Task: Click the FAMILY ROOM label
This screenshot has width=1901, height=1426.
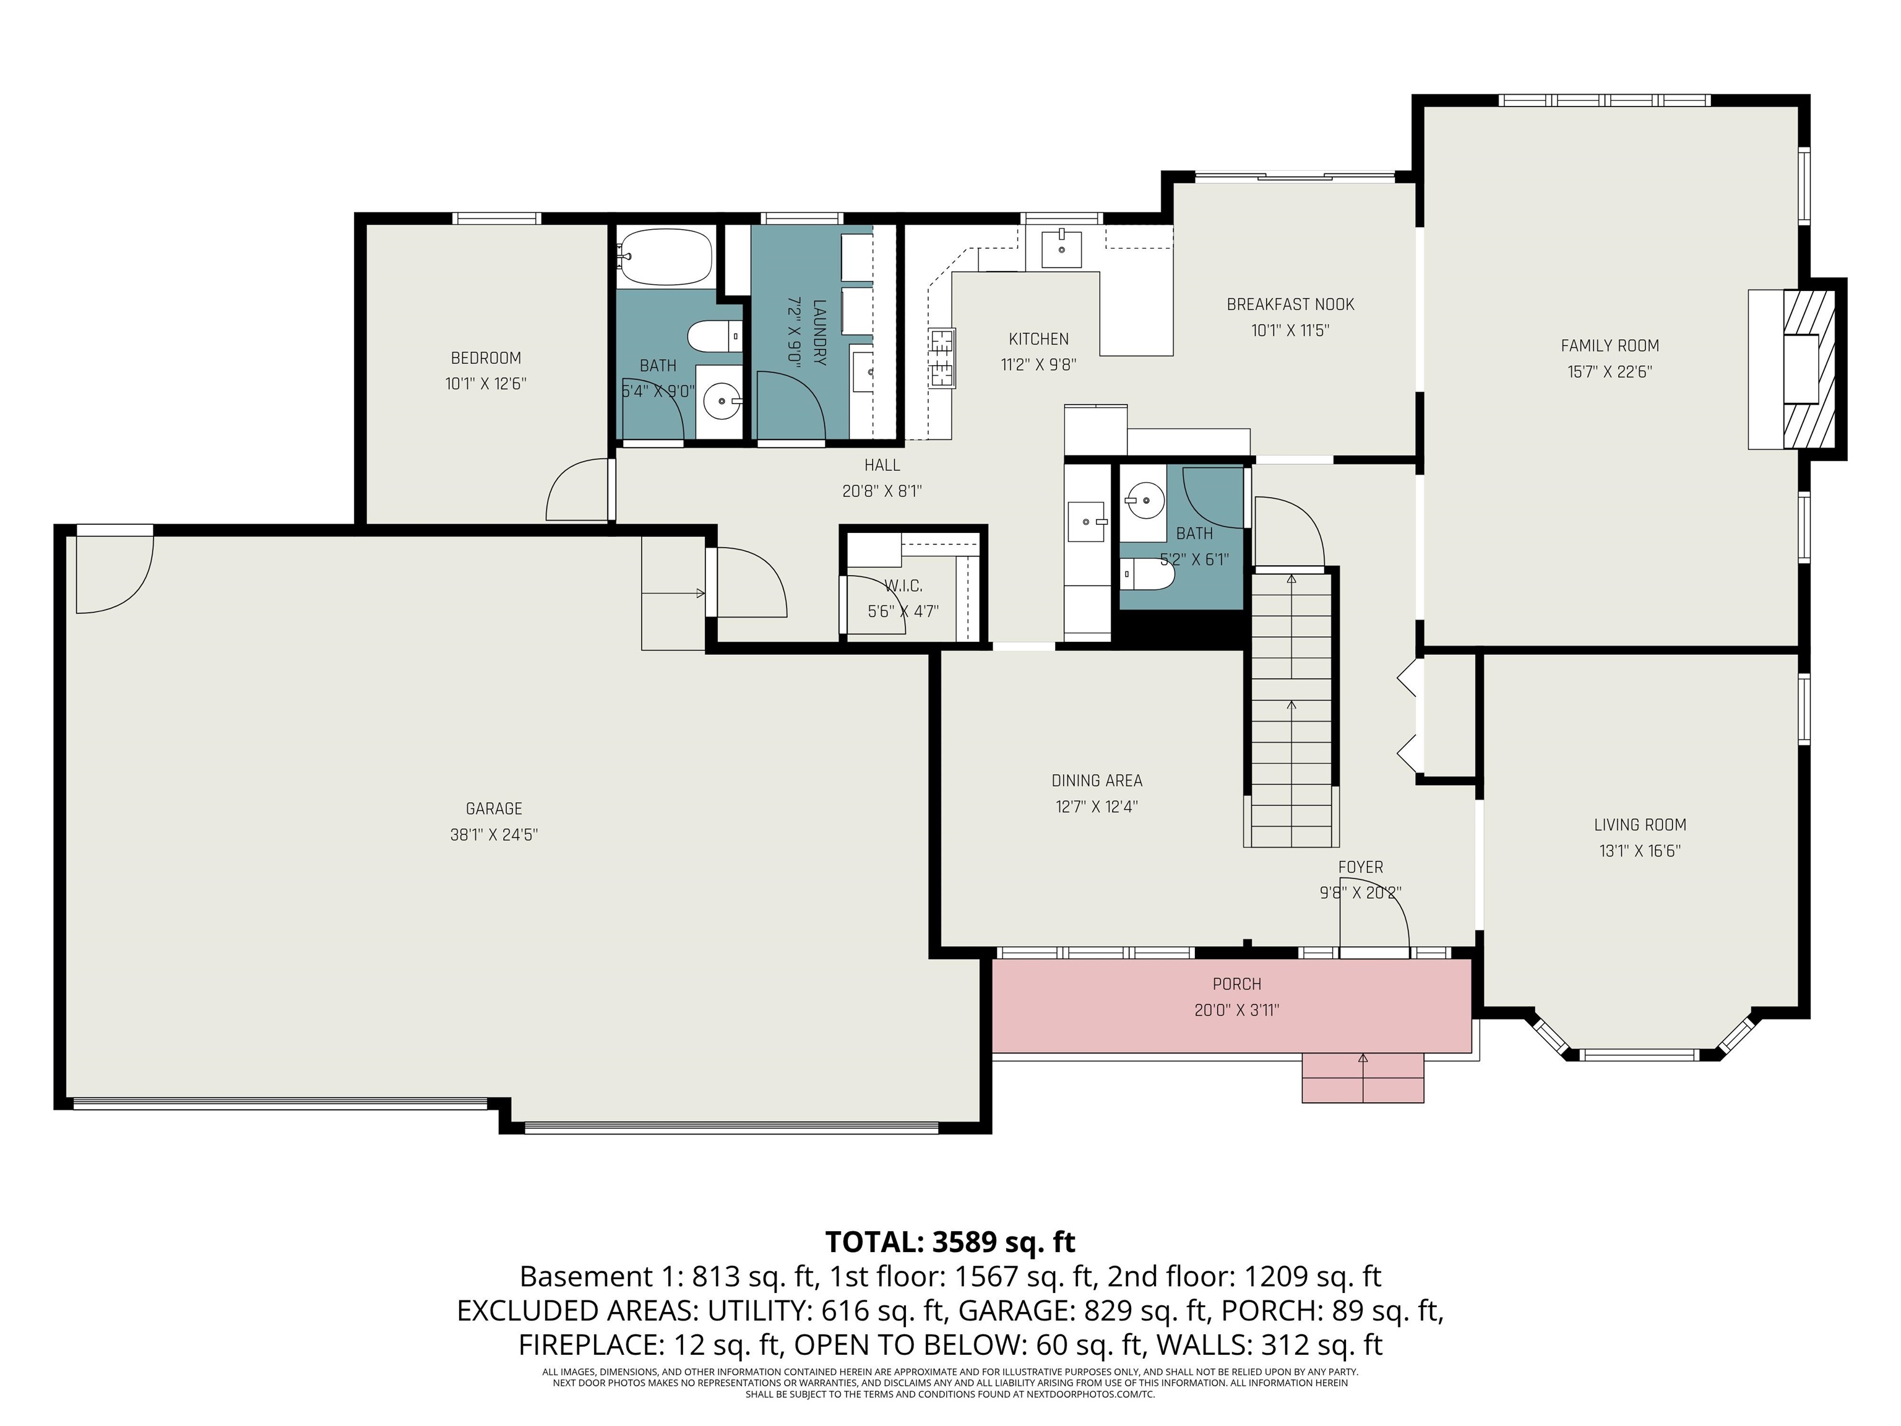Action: [x=1610, y=345]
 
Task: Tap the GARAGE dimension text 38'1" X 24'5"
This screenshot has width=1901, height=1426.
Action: [x=494, y=835]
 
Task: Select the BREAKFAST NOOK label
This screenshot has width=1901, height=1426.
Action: [x=1290, y=305]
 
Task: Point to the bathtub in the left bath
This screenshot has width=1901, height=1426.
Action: [x=665, y=256]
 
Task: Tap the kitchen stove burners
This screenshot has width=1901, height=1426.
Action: [x=942, y=358]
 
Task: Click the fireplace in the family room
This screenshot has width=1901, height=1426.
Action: [x=1793, y=369]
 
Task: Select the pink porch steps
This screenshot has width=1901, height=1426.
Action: [x=1363, y=1077]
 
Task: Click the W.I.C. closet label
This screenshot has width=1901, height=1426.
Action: [x=903, y=586]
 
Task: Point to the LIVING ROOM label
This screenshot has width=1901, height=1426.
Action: [x=1640, y=825]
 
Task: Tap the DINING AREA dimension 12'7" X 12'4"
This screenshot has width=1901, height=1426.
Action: [x=1097, y=807]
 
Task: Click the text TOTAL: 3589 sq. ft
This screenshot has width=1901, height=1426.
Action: [x=950, y=1242]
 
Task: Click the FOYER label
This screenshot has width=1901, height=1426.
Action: [x=1360, y=867]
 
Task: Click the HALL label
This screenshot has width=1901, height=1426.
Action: [x=882, y=465]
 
